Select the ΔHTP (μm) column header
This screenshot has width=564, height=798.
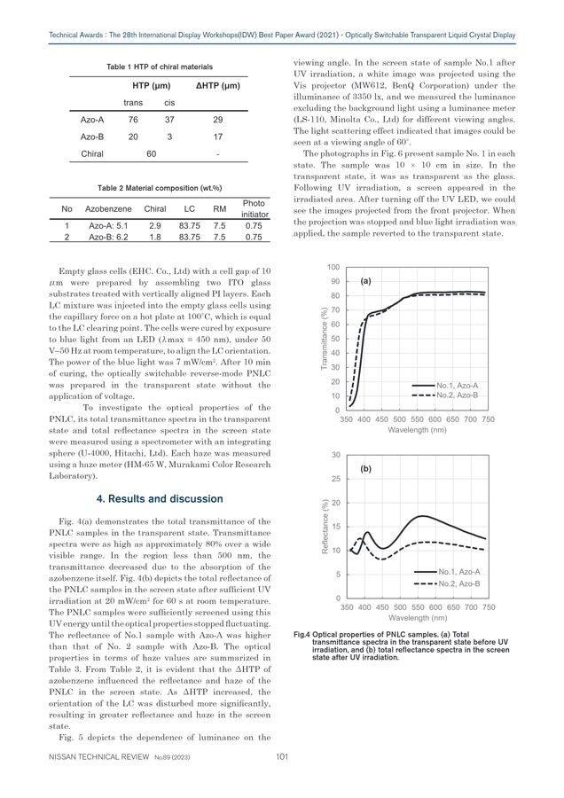coord(217,85)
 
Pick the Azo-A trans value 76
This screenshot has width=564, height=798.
coord(133,119)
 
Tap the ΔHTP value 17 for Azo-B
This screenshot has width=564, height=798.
coord(217,136)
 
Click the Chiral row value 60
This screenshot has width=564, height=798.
coord(152,153)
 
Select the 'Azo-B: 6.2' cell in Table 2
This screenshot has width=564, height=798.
coord(109,238)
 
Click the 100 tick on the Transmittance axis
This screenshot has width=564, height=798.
coord(333,267)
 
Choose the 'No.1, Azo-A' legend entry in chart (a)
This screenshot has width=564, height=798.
coord(457,386)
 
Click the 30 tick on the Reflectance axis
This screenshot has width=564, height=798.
coord(334,454)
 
